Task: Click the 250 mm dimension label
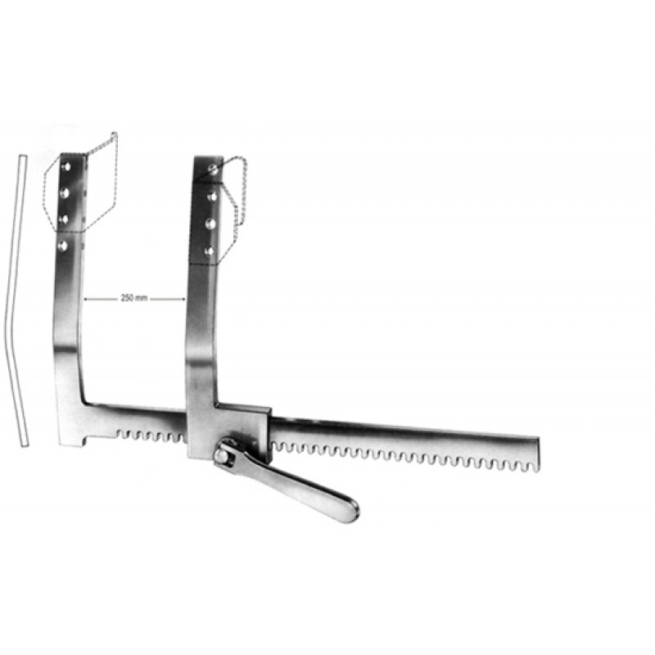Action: coord(134,298)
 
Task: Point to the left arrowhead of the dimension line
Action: coord(86,299)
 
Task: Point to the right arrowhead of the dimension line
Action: coord(183,299)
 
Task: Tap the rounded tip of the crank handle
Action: coord(350,511)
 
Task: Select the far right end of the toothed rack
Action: coord(537,454)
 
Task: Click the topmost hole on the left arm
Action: coord(65,167)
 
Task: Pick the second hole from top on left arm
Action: coord(65,192)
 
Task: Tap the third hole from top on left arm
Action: coord(64,219)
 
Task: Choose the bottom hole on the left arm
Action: coord(63,245)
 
